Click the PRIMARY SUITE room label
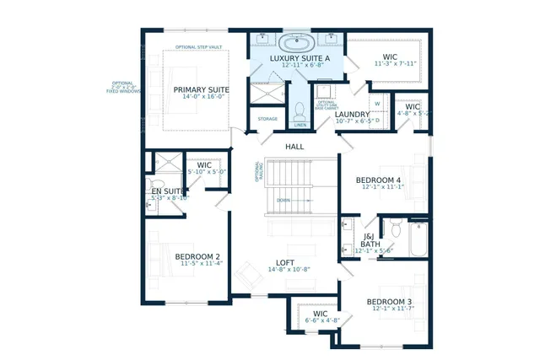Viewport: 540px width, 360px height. [x=202, y=89]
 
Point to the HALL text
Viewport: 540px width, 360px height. [x=294, y=147]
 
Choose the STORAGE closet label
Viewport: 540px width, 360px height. [x=267, y=119]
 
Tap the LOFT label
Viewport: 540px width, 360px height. [x=286, y=262]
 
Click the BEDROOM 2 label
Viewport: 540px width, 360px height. [x=197, y=256]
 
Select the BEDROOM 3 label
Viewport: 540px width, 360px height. [x=389, y=301]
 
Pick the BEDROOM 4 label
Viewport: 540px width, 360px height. [x=377, y=180]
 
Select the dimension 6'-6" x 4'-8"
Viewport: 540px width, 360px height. [x=314, y=320]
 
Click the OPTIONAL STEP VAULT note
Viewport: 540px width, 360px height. [x=198, y=47]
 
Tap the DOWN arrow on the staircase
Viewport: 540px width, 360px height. [x=283, y=200]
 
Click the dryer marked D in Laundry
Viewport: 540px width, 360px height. [x=377, y=119]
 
